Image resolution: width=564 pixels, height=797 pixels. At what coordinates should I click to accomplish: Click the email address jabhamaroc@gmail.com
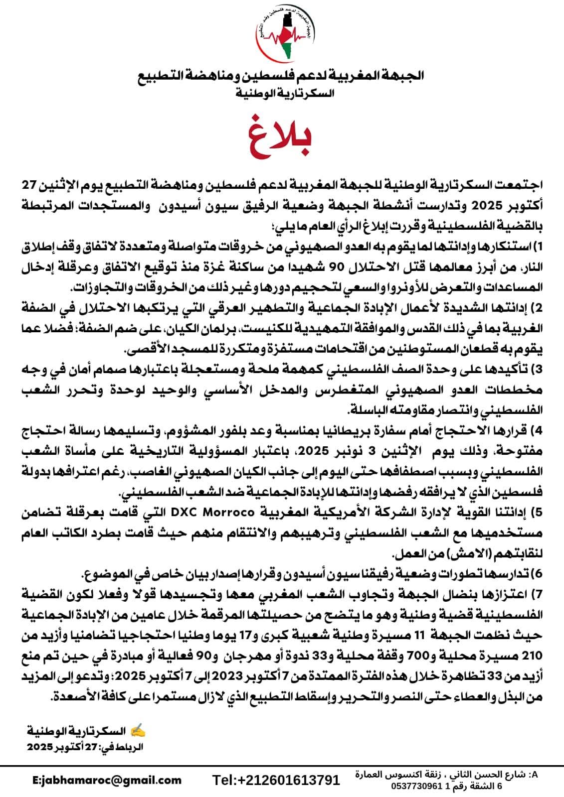click(107, 780)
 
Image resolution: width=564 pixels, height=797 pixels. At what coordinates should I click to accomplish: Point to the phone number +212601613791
click(276, 780)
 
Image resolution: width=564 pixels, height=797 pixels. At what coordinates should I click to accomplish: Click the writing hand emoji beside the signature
click(138, 731)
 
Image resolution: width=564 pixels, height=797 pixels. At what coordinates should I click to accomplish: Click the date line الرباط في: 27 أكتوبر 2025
click(85, 747)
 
